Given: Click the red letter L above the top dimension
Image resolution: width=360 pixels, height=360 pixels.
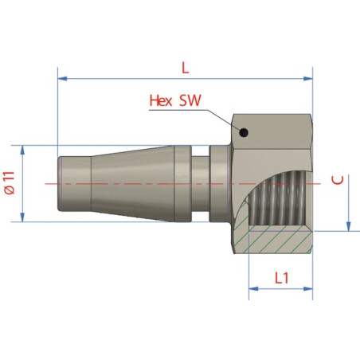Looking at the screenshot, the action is pos(185,68).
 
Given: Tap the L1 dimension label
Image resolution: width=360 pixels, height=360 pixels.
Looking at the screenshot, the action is pos(281,278).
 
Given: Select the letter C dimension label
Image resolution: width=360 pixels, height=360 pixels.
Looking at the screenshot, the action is pos(338,180).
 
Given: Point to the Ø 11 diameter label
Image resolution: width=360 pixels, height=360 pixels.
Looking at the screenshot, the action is pos(10,183).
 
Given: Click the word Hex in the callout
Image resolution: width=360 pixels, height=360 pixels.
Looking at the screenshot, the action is pos(161,100).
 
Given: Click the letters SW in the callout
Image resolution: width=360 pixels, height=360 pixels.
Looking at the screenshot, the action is pos(190,100).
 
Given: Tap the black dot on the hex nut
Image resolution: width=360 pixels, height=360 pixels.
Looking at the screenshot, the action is pos(244,132).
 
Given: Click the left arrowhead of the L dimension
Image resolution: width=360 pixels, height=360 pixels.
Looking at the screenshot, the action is pos(62,79).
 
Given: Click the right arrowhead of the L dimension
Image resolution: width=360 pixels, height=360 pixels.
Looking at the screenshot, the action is pos(308,79).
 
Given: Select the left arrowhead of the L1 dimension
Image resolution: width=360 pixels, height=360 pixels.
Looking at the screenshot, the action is pos(253,288).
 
